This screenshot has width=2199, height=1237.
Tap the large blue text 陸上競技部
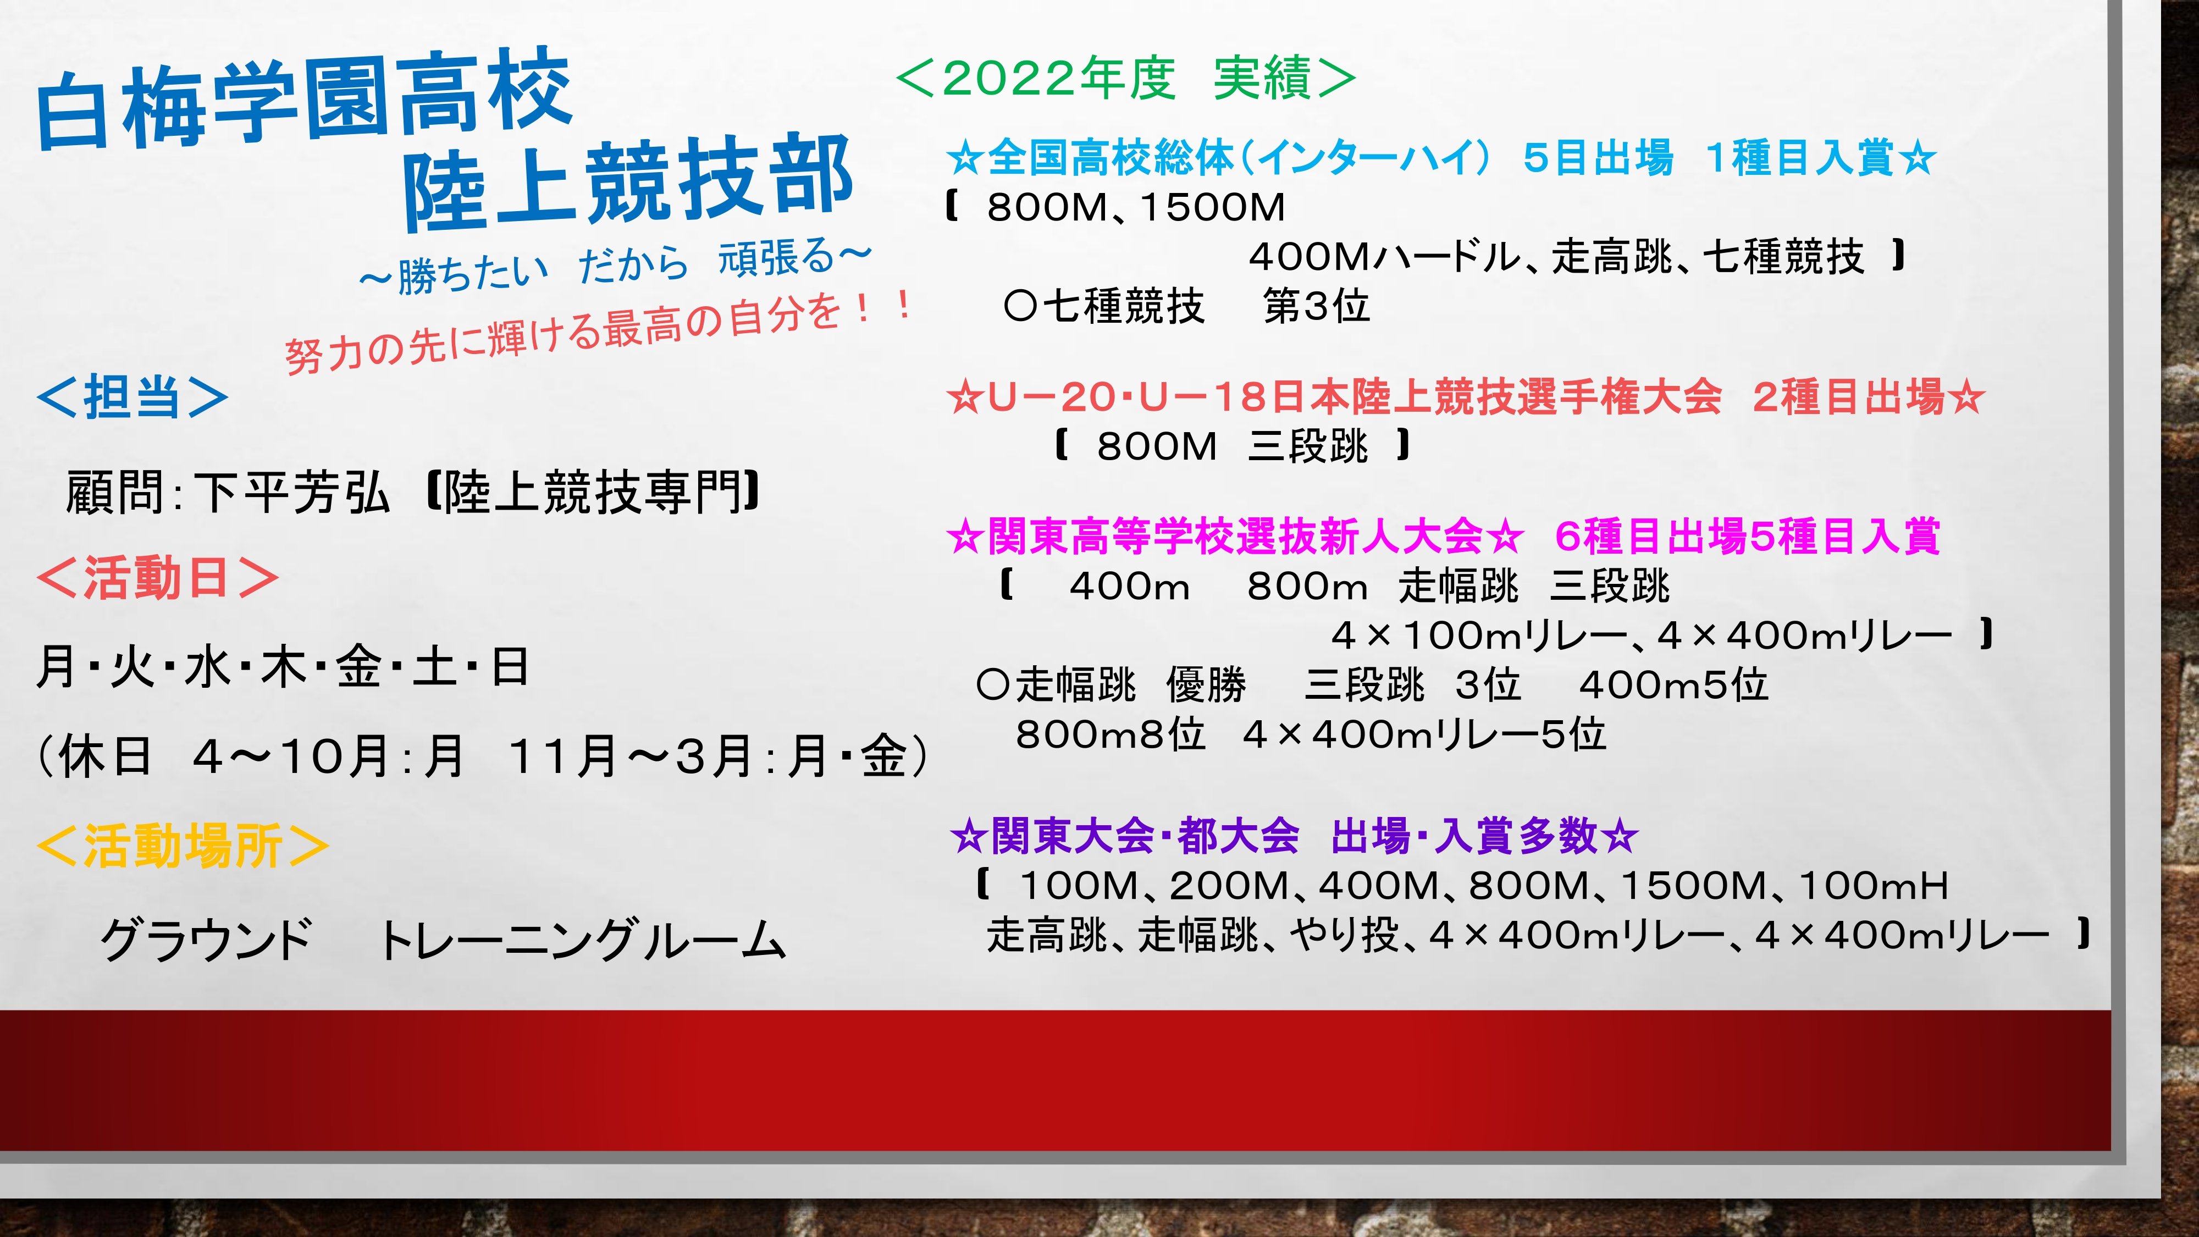click(x=627, y=181)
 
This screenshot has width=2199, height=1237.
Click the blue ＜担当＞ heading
click(x=132, y=397)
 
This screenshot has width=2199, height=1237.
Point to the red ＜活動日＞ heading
click(x=157, y=578)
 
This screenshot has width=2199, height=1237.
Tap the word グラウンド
click(x=207, y=940)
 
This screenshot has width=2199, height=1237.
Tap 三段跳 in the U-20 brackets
click(x=1308, y=446)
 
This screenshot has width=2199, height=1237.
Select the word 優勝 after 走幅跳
click(x=1206, y=684)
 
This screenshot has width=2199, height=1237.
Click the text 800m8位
click(x=1110, y=734)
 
